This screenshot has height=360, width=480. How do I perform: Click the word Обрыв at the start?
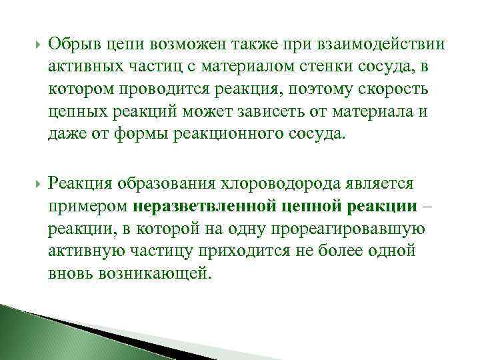(74, 45)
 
